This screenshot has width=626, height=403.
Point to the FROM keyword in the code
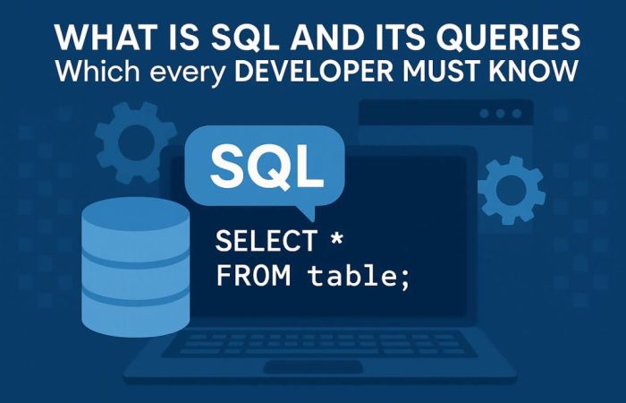(x=253, y=277)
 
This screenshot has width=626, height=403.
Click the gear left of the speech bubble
(x=136, y=139)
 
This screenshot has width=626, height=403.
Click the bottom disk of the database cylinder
(x=135, y=310)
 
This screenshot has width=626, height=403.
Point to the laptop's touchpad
(x=314, y=366)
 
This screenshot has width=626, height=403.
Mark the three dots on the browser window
(x=501, y=114)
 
